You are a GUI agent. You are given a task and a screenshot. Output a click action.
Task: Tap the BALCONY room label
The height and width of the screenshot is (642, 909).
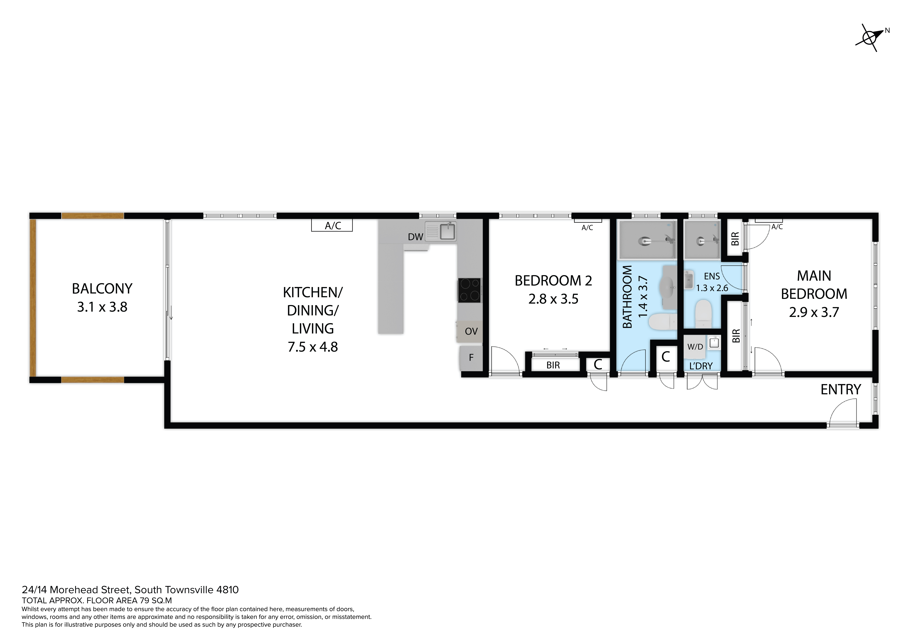[x=102, y=289]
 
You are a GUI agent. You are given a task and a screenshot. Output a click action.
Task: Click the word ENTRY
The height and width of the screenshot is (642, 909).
[x=840, y=390]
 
